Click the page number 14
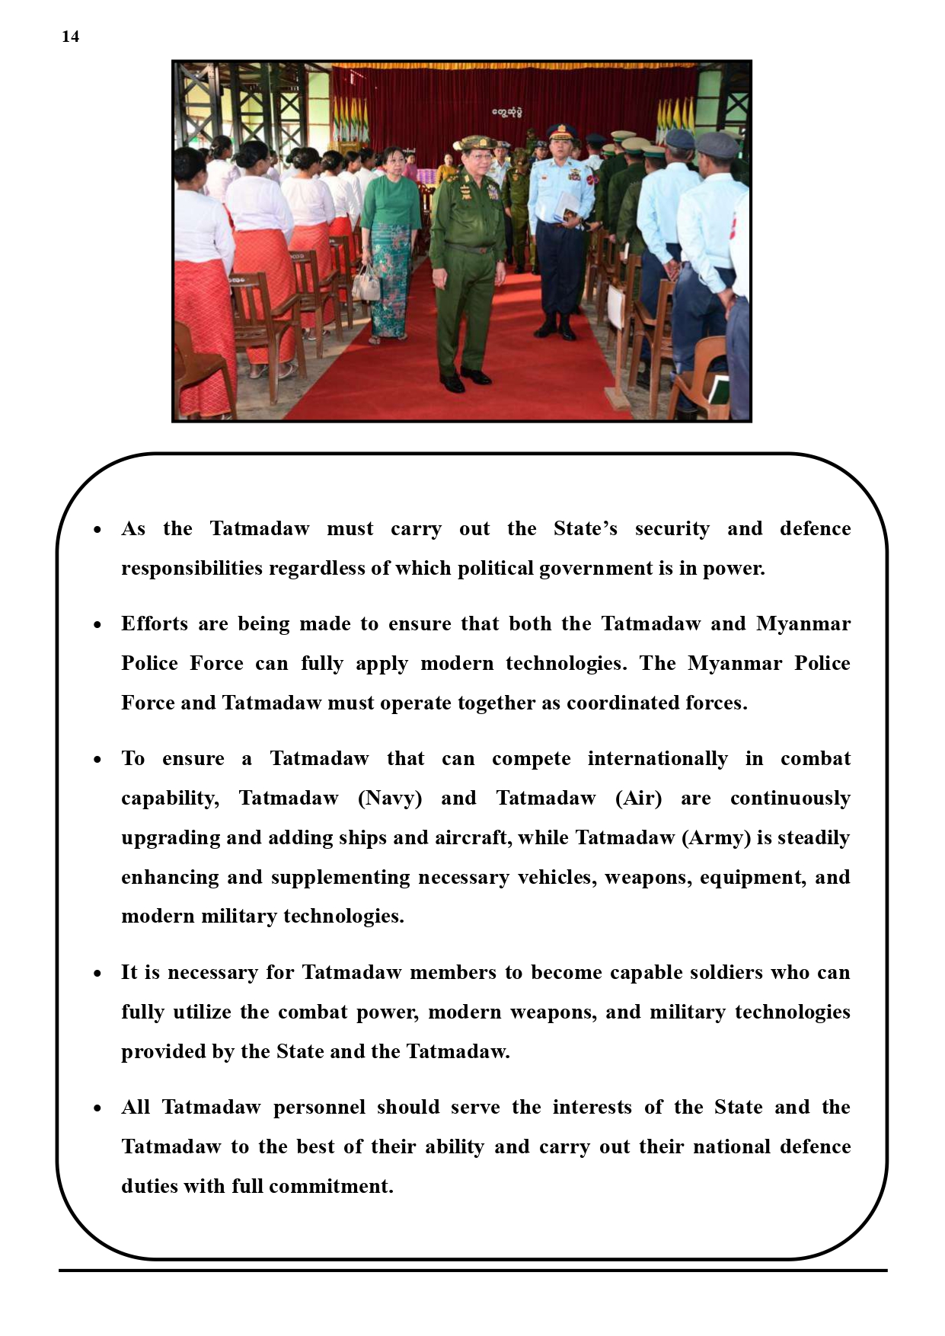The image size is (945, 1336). point(70,37)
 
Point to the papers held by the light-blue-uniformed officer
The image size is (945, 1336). point(567,206)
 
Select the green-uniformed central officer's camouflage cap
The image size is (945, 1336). point(474,143)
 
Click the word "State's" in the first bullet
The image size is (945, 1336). point(585,528)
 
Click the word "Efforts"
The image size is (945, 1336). point(154,623)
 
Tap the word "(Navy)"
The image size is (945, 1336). point(390,798)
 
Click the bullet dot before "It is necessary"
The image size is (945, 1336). point(97,974)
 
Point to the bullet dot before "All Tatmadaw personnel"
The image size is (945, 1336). point(97,1108)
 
